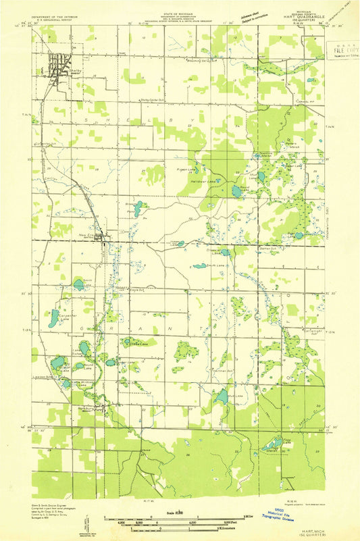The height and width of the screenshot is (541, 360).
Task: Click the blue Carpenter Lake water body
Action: coord(54,317)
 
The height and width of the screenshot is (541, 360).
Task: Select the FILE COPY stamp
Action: coord(343,50)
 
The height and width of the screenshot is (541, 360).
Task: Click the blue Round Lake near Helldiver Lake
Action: coord(236,192)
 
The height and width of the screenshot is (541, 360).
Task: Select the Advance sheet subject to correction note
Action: coord(244,14)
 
